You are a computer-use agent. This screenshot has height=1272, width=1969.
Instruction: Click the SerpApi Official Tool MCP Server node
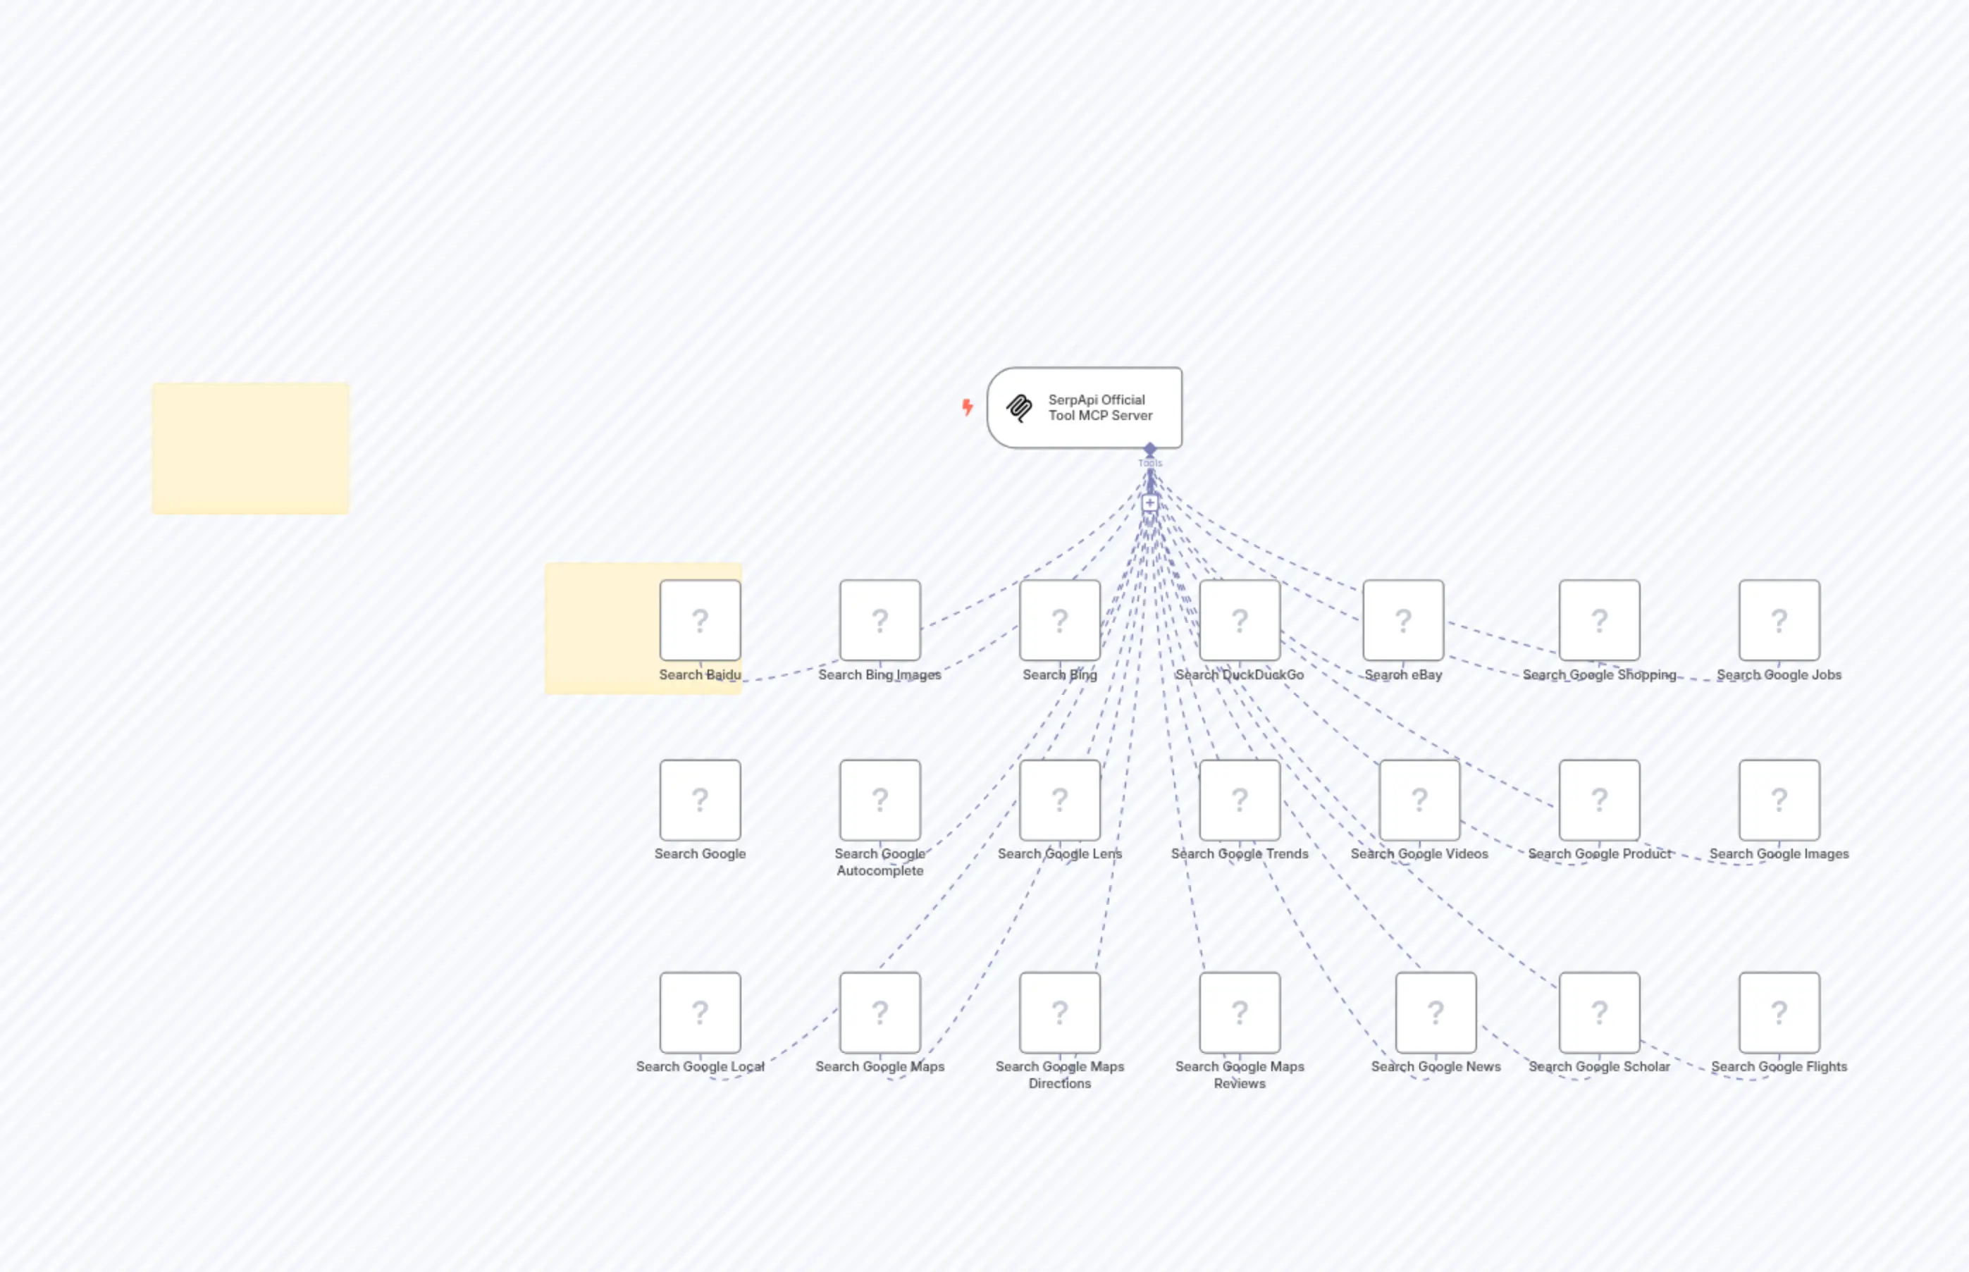point(1084,408)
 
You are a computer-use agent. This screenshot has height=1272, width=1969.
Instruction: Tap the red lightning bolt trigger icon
point(967,407)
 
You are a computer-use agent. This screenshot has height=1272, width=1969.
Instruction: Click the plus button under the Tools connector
point(1149,503)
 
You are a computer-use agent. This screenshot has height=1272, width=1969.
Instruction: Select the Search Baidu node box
point(700,620)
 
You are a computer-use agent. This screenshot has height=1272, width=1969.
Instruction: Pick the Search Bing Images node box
point(879,620)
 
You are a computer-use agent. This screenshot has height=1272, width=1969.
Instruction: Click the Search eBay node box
point(1403,620)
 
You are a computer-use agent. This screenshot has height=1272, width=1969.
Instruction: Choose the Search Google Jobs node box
point(1779,620)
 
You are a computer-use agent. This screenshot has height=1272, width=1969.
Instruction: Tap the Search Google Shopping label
point(1599,675)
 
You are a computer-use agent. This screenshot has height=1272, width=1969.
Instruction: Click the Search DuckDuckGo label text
point(1239,675)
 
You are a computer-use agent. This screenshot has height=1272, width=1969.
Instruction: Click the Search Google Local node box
point(700,1013)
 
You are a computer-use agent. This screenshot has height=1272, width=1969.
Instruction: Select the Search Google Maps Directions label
point(1060,1075)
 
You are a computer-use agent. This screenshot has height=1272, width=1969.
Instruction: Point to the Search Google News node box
point(1436,1013)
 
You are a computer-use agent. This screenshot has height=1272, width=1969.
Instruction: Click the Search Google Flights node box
point(1779,1013)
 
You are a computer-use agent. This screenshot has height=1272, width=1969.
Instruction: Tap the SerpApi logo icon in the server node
point(1019,408)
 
